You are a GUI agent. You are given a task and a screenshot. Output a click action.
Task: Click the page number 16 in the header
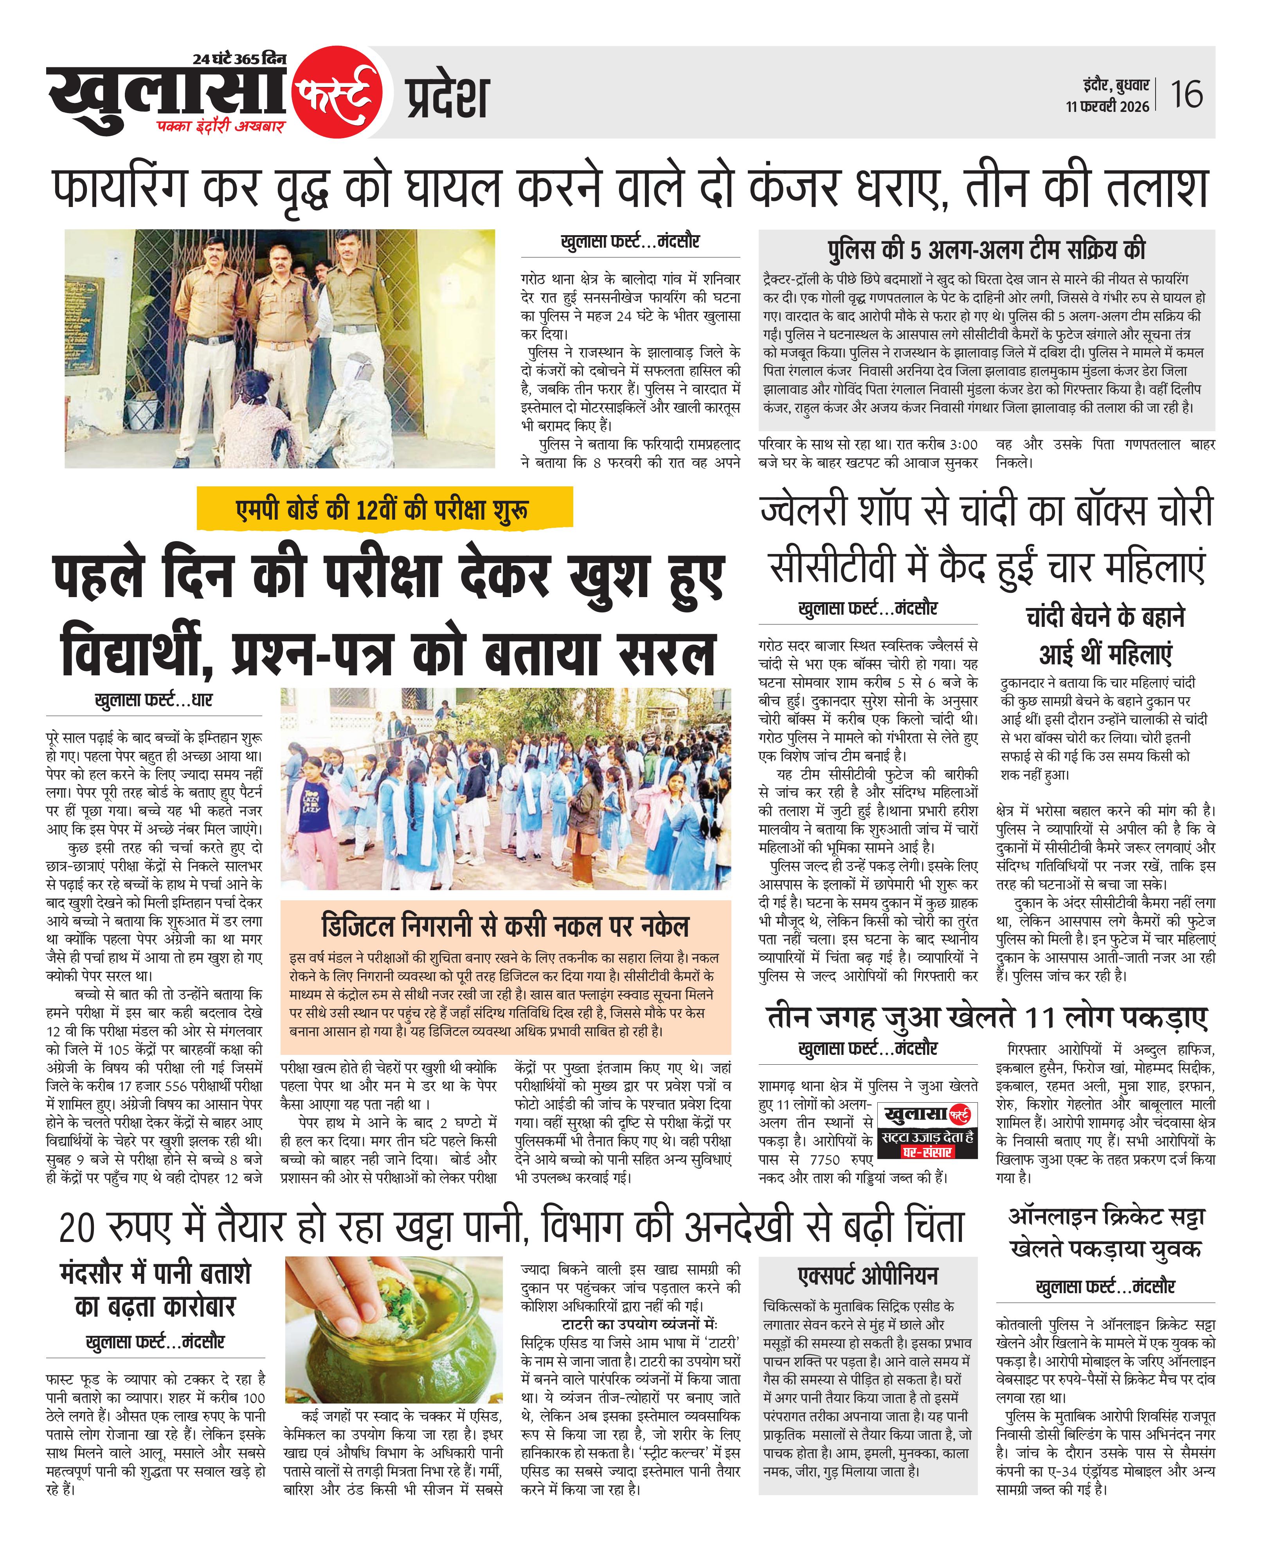pyautogui.click(x=1186, y=94)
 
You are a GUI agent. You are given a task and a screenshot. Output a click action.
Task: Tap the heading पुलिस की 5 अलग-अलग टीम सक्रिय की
pyautogui.click(x=986, y=250)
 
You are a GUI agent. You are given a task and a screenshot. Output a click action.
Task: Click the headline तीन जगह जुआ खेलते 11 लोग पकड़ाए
pyautogui.click(x=987, y=1018)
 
